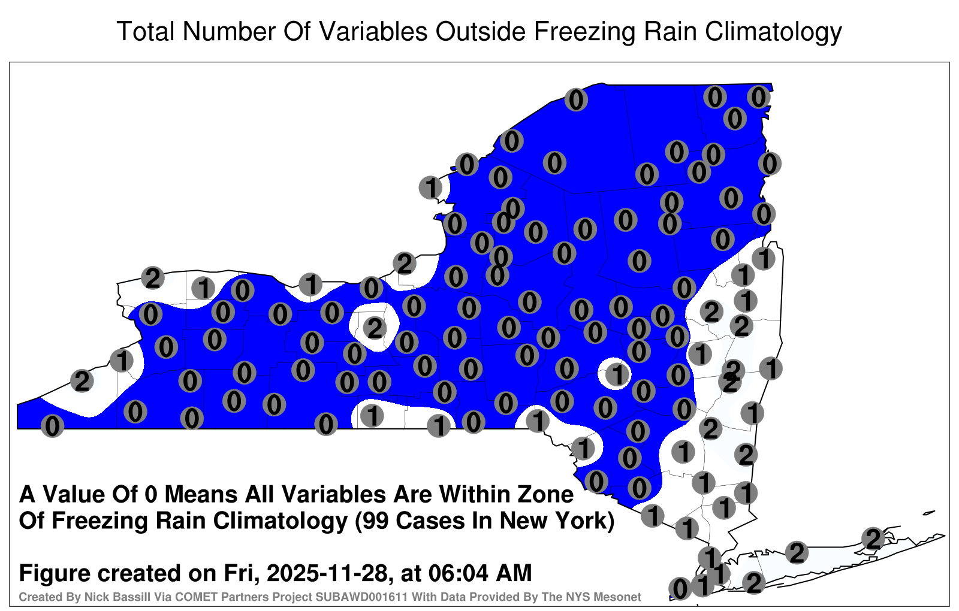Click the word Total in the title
(x=146, y=31)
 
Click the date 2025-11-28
(x=327, y=573)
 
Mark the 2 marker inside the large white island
(x=375, y=329)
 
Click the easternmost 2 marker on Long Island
(x=873, y=539)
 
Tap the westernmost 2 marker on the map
(x=82, y=381)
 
